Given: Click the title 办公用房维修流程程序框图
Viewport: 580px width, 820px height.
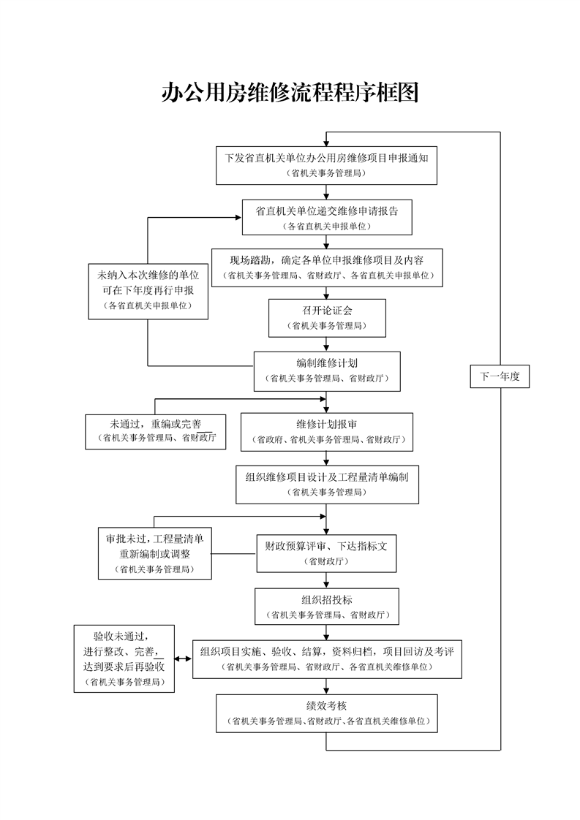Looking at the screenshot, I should pos(290,93).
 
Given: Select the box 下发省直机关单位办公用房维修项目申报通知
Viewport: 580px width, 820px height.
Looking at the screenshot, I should pos(326,165).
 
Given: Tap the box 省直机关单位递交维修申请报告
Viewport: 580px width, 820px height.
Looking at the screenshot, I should pos(326,217).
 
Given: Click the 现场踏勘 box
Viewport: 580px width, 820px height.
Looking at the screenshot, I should pos(326,267).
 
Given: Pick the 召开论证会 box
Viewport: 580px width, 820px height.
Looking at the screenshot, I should pos(326,317).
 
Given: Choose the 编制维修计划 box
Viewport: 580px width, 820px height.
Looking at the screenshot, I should pos(326,370).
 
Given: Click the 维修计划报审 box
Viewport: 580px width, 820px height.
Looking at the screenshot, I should pos(326,432).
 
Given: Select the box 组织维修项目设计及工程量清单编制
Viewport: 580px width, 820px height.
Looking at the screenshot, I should pos(326,484).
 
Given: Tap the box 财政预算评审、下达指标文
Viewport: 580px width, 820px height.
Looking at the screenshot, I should pos(326,553).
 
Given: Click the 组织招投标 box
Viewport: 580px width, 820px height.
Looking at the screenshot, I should pos(326,607).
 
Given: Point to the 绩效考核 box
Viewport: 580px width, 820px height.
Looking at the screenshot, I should pos(326,713).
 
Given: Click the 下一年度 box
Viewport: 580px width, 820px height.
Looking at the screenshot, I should pos(500,376).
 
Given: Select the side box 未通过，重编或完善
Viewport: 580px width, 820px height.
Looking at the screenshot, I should pos(155,431).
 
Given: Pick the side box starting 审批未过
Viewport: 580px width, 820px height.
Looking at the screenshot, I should pos(154,553).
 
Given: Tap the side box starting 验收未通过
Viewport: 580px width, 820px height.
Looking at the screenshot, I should pos(124,658).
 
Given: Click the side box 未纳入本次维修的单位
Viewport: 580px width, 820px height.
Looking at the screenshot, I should pos(148,291).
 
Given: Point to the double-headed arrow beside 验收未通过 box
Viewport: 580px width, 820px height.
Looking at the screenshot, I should pos(184,658).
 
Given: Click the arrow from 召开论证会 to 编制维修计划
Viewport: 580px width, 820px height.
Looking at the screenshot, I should pos(326,343).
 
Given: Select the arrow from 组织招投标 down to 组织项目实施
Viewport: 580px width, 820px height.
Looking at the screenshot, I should pos(326,631).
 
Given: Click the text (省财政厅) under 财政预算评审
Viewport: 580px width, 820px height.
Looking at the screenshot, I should pos(326,562).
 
